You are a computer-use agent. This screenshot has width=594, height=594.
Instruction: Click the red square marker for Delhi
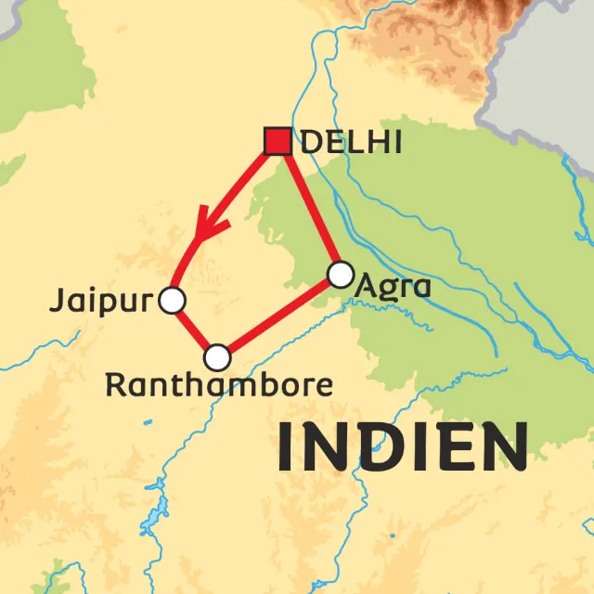tap(278, 141)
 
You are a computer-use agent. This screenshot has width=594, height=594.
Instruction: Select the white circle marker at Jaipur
tap(172, 301)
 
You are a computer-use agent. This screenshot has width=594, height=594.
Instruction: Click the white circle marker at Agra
tap(341, 274)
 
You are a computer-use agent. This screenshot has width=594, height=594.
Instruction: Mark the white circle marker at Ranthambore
tap(217, 356)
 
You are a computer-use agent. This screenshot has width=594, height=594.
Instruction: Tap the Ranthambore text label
tap(218, 384)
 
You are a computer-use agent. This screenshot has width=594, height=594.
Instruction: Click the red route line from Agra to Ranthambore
tap(278, 316)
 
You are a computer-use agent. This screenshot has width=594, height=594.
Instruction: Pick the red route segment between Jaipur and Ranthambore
tap(194, 329)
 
